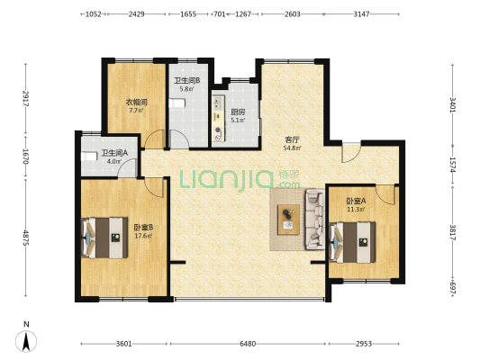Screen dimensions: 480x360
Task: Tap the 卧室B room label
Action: tap(143, 228)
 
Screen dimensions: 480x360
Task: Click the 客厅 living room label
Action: tap(292, 140)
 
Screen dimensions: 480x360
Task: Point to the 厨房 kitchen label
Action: tap(238, 112)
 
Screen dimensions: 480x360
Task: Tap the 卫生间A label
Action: tap(114, 153)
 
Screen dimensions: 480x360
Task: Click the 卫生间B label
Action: tap(187, 81)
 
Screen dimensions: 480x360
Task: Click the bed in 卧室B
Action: tap(104, 238)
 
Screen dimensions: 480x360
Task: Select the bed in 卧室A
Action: tap(352, 242)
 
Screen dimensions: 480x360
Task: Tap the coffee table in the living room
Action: tap(288, 220)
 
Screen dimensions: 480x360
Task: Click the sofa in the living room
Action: tap(314, 219)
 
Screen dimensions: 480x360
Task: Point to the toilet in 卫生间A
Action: tap(89, 157)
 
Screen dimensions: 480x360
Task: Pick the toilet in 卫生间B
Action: tap(177, 103)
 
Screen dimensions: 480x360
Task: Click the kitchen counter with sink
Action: tap(218, 118)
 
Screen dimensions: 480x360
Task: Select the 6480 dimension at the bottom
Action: tap(248, 344)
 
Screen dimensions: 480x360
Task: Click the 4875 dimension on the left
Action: tap(26, 238)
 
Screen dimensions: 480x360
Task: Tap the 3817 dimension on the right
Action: tap(452, 232)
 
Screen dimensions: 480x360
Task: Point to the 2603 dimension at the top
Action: tap(293, 14)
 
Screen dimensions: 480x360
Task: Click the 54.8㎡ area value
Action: tap(292, 148)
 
